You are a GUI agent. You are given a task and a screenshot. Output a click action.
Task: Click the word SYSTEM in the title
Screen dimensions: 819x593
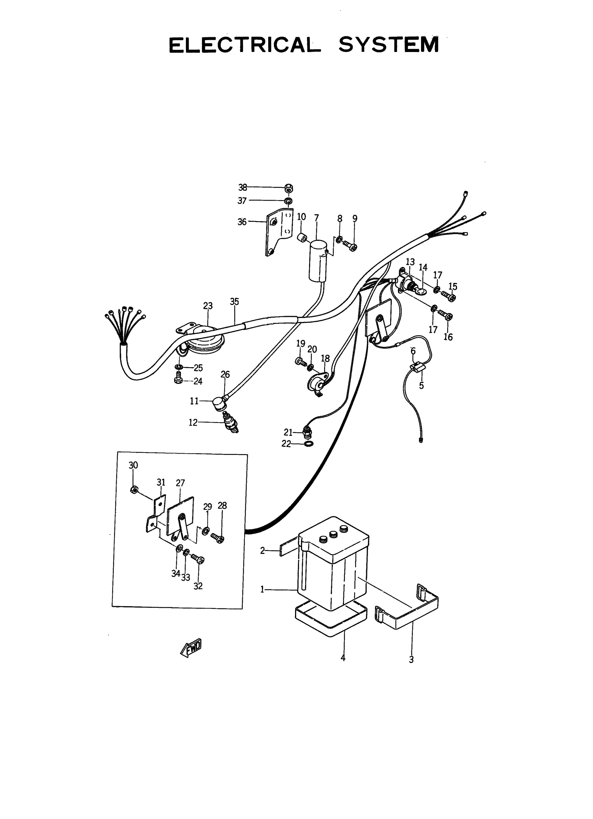click(389, 45)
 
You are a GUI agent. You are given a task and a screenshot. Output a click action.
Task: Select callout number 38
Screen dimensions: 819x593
click(242, 187)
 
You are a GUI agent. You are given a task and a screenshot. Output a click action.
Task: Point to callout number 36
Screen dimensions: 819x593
click(242, 222)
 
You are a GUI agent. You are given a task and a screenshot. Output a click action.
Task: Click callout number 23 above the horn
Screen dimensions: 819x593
click(208, 306)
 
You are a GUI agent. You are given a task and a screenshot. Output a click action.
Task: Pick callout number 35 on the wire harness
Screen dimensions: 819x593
click(234, 301)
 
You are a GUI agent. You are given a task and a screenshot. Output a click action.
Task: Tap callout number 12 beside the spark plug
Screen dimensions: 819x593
click(193, 423)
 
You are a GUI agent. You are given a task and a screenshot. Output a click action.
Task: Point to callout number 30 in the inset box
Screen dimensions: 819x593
click(133, 465)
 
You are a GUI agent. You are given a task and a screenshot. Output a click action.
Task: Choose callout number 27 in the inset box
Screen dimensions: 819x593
click(180, 483)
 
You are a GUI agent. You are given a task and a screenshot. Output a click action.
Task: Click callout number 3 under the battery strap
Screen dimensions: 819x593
click(411, 660)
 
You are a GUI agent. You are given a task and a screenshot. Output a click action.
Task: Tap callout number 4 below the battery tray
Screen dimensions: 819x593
click(343, 658)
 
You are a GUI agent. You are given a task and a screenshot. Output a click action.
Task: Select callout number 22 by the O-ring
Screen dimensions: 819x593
click(286, 444)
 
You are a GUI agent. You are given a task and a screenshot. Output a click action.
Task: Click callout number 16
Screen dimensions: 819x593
click(448, 337)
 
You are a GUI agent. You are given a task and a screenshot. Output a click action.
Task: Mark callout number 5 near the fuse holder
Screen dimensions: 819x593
click(421, 386)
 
